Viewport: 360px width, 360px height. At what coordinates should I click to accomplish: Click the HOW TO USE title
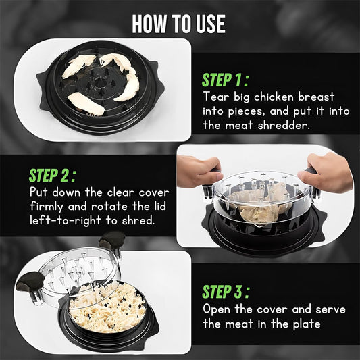(179, 24)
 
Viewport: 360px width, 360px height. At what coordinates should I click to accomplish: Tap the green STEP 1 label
(226, 80)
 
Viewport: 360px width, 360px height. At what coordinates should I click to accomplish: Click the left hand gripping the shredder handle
(198, 169)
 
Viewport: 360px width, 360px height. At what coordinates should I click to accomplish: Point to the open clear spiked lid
(74, 270)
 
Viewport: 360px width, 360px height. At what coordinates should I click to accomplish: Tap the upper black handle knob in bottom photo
(111, 240)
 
